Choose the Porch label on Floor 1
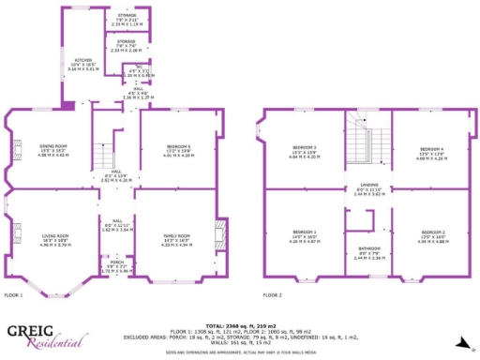click(115, 264)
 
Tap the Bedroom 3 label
click(303, 148)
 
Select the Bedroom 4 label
click(432, 149)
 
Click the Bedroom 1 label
click(302, 232)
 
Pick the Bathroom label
click(368, 249)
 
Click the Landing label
click(367, 185)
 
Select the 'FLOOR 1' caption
click(13, 295)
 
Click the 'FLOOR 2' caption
click(272, 295)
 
